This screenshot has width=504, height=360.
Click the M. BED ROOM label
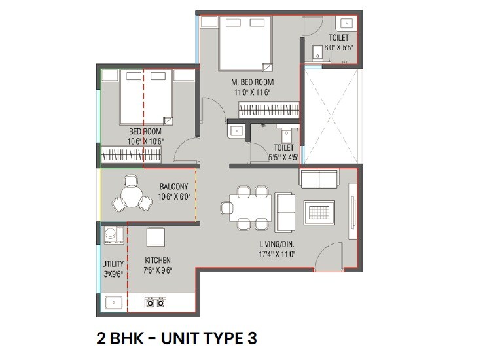click(x=252, y=82)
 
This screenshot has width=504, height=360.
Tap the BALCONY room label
click(x=174, y=187)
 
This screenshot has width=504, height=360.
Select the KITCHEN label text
click(x=158, y=260)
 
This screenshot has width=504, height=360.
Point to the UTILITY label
click(x=113, y=264)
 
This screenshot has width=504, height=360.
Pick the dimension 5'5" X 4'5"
click(x=283, y=157)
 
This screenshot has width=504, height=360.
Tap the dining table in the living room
click(x=252, y=207)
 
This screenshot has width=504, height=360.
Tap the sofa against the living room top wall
click(x=318, y=177)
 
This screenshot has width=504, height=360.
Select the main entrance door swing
click(x=327, y=258)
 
